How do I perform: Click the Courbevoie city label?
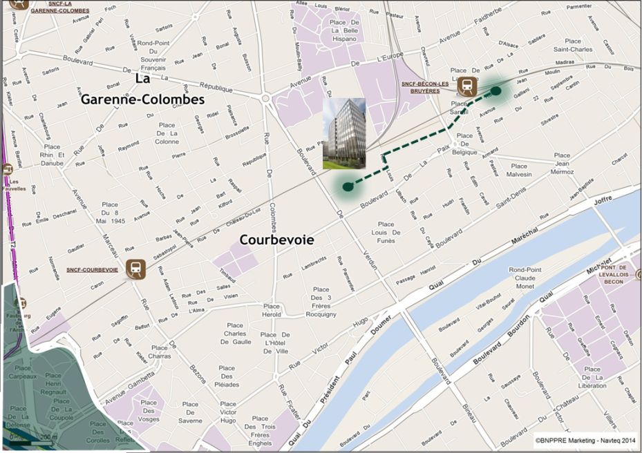(276, 240)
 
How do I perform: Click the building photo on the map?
(345, 133)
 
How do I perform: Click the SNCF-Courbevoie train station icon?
(136, 269)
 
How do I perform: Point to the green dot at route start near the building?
(348, 186)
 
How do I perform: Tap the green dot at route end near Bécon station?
(495, 90)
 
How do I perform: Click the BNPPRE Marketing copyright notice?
(585, 438)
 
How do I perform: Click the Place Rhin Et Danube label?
(52, 155)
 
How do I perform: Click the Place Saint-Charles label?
(573, 46)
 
